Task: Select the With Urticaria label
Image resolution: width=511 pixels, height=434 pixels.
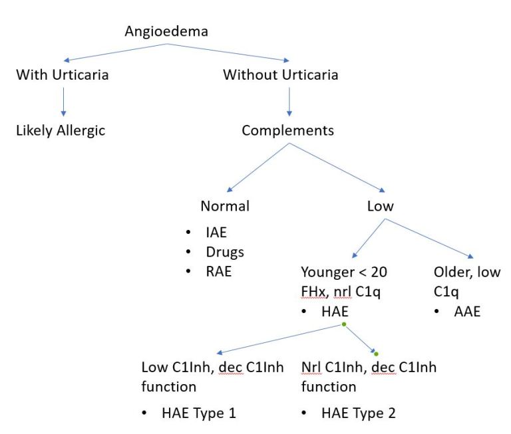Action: [x=62, y=74]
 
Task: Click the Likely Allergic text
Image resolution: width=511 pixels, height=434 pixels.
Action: [x=61, y=130]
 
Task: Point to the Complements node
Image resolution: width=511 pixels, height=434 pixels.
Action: [x=287, y=130]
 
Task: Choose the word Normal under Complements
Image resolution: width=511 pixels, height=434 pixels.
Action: [x=225, y=206]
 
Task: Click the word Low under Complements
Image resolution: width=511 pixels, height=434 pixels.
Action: [x=380, y=206]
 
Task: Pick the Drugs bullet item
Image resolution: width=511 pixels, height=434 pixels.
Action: [x=224, y=252]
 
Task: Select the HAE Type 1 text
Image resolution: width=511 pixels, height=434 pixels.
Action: [x=199, y=413]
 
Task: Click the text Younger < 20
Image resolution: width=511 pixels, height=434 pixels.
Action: [x=344, y=272]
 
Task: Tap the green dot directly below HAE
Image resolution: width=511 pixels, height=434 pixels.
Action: [x=343, y=324]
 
